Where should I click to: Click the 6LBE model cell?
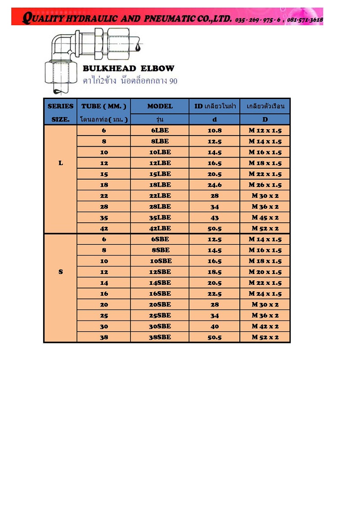(160, 131)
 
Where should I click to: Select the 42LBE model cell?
(160, 228)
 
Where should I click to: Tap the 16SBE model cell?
(160, 293)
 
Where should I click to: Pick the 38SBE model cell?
(160, 337)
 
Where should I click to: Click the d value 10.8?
(214, 131)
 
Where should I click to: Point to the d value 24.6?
(214, 185)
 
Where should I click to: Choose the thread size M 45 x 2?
(265, 217)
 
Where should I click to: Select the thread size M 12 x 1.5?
(265, 131)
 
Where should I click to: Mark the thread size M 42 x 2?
(265, 326)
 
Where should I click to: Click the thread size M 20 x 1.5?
(265, 272)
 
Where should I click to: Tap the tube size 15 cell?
(104, 174)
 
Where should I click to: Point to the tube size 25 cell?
(104, 315)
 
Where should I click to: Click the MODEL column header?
(160, 106)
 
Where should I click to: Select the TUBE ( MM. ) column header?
(104, 106)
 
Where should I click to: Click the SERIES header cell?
(60, 106)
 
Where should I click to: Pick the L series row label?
(60, 163)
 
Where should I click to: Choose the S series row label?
(60, 272)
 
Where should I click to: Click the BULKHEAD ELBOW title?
(128, 69)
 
